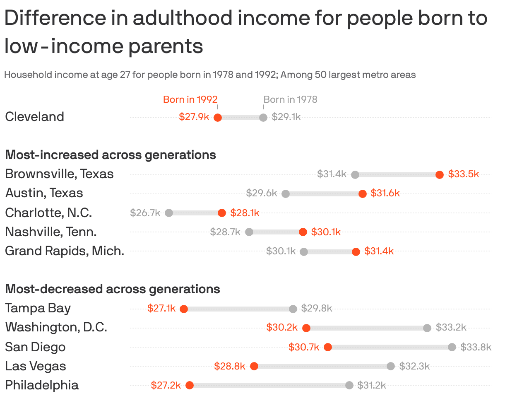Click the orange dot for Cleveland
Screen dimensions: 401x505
(218, 118)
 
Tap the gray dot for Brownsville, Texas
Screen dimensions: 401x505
(355, 175)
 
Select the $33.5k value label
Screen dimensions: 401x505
(463, 174)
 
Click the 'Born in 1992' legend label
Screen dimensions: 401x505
(190, 99)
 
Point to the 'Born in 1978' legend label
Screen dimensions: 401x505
(290, 99)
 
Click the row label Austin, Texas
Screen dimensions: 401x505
(44, 193)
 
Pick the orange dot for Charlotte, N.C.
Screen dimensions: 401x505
(222, 213)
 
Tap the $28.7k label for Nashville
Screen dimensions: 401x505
(225, 232)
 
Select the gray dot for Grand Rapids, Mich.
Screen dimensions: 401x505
(304, 251)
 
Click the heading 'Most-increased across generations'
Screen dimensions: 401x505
(110, 155)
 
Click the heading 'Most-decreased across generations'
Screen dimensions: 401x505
(112, 289)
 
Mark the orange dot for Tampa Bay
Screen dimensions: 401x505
(184, 309)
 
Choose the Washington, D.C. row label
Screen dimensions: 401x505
(56, 327)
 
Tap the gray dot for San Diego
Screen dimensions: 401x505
(452, 347)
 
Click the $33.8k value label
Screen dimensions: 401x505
(476, 347)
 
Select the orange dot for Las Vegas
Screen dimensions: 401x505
(254, 366)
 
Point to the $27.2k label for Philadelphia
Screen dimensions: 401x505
(166, 385)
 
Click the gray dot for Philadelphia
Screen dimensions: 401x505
(349, 385)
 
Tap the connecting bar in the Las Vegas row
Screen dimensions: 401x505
(322, 366)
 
